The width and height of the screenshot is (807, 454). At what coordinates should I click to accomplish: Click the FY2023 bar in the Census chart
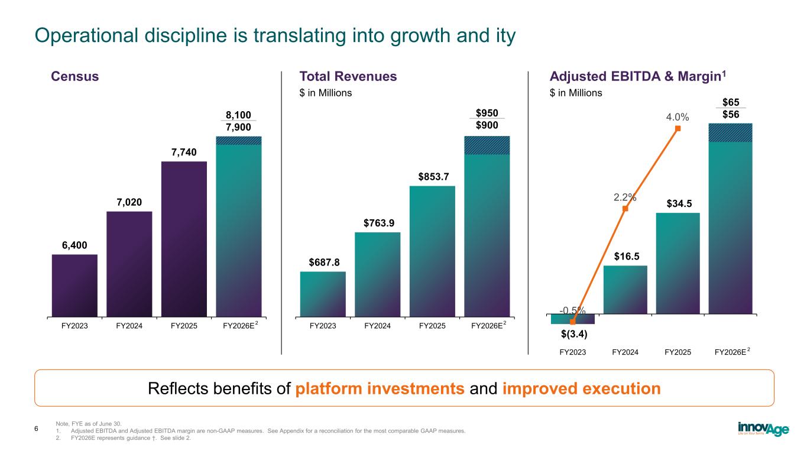(x=74, y=285)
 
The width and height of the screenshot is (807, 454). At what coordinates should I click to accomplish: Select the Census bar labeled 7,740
(x=184, y=239)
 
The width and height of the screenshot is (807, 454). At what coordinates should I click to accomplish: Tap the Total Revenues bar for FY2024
(x=377, y=274)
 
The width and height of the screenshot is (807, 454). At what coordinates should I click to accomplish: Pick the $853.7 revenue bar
(x=432, y=251)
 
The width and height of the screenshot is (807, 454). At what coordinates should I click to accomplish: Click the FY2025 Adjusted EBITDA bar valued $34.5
(x=678, y=262)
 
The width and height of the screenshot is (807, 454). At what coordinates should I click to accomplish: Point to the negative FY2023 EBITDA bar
(x=572, y=319)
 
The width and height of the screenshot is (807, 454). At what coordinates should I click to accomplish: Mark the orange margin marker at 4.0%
(x=678, y=128)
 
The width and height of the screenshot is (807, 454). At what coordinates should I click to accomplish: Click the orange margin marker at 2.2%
(x=625, y=208)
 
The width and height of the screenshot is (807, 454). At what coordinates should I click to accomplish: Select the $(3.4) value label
(x=573, y=335)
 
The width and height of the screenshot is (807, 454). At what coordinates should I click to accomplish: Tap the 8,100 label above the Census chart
(x=239, y=114)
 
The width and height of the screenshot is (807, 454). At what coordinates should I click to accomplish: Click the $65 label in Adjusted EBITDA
(x=731, y=102)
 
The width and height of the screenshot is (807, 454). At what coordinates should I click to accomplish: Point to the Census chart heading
(x=75, y=76)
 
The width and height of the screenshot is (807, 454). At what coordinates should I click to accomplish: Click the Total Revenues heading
(x=348, y=76)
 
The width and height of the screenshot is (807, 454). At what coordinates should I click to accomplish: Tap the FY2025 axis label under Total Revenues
(x=432, y=325)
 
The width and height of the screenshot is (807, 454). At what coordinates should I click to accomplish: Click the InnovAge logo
(x=763, y=429)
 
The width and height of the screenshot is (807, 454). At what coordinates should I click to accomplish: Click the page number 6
(x=36, y=429)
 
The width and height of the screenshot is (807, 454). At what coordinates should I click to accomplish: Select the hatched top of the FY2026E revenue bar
(x=487, y=145)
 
